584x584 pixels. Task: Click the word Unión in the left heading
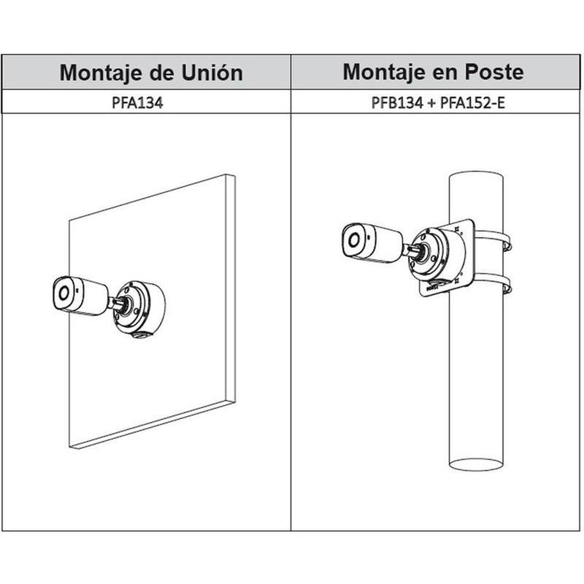click(212, 72)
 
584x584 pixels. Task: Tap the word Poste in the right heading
click(494, 72)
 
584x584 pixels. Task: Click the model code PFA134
click(137, 102)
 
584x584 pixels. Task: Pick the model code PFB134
click(397, 102)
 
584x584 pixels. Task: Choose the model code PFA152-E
click(472, 102)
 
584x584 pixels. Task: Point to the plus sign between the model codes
click(431, 103)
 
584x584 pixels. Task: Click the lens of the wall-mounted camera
click(64, 293)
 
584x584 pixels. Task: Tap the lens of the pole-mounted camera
click(353, 240)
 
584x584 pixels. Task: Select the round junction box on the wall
click(139, 310)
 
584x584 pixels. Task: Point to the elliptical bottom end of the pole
click(477, 464)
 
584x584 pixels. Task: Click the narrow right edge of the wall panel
click(231, 288)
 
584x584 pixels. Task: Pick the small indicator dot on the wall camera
click(78, 289)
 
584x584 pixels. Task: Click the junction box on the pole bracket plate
click(439, 257)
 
